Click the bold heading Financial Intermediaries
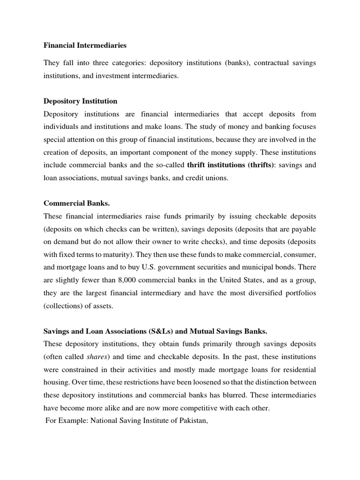(x=85, y=45)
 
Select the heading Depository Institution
(x=80, y=101)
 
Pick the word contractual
(x=271, y=63)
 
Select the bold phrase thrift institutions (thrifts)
(x=226, y=165)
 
